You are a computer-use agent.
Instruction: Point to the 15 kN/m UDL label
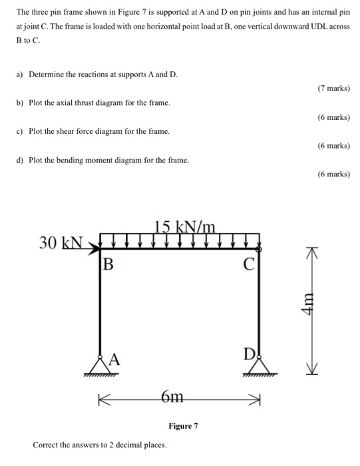point(184,227)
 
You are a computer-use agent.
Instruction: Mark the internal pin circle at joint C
point(258,248)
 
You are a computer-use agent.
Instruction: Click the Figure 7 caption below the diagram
point(183,425)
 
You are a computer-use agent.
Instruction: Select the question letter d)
point(20,160)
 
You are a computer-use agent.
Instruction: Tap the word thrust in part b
point(83,103)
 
